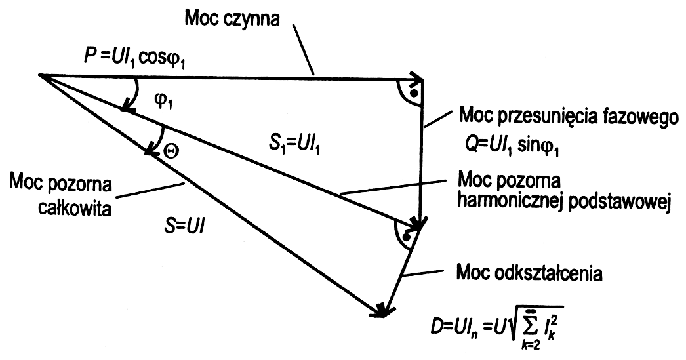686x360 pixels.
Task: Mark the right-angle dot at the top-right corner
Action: point(413,93)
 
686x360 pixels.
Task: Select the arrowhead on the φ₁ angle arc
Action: point(127,108)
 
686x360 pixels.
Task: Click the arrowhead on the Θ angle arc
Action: point(150,152)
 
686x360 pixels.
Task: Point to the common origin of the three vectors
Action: point(41,75)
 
